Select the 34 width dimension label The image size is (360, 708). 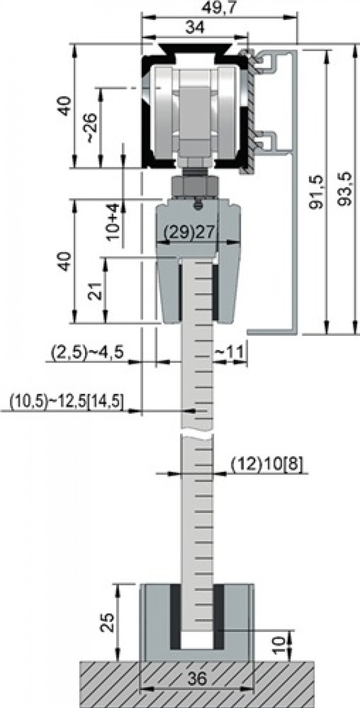pos(195,27)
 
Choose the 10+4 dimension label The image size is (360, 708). pos(113,222)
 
